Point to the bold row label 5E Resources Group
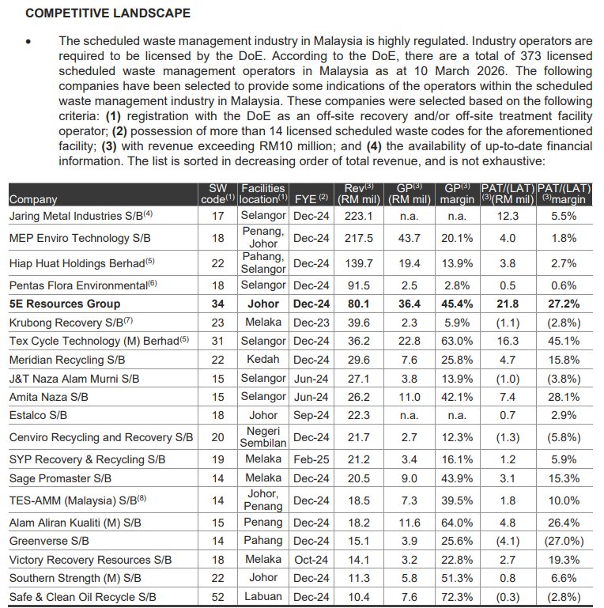tap(65, 304)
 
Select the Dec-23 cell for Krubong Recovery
tap(311, 322)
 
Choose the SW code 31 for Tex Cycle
tap(218, 340)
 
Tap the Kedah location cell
tap(263, 360)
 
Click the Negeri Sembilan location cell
tap(263, 437)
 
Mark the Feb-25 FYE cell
tap(311, 459)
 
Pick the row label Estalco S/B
tap(38, 415)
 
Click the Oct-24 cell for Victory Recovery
tap(311, 560)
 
